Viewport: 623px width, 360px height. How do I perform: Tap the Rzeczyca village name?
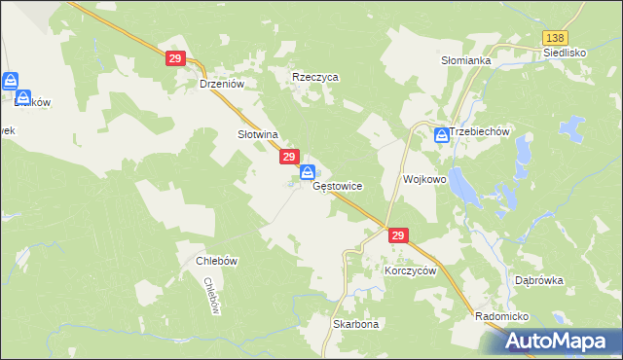(315, 77)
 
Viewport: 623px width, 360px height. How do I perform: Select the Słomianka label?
(466, 60)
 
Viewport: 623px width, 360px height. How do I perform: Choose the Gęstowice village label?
(338, 185)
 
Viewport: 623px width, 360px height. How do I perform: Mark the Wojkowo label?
(424, 180)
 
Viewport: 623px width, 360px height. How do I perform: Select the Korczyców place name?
(410, 270)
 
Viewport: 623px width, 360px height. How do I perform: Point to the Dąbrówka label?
(539, 280)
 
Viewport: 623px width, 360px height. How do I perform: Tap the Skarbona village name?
(355, 324)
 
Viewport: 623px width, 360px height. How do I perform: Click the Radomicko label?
(501, 317)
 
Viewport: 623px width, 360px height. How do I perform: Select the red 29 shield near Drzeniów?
(175, 59)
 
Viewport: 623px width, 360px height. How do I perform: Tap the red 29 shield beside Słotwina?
(289, 157)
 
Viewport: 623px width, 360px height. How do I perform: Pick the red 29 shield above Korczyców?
(397, 236)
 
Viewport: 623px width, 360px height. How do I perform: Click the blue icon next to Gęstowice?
(308, 173)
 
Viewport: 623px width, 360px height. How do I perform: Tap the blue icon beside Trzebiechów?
(442, 135)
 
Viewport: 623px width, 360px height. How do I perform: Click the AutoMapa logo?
(556, 341)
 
